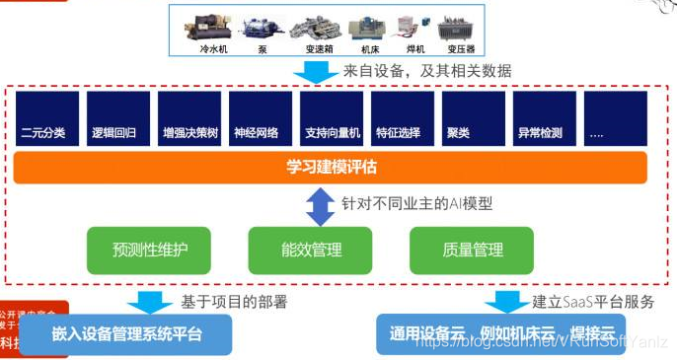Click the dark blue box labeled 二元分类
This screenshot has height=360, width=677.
[x=44, y=119]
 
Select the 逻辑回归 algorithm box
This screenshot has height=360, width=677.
[x=115, y=119]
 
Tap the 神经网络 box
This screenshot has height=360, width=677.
[x=257, y=119]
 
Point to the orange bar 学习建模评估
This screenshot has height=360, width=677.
[x=331, y=168]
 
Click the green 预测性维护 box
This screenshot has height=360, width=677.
[x=149, y=251]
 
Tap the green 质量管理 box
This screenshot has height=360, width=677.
[x=472, y=251]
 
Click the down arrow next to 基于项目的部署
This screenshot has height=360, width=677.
[x=149, y=301]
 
